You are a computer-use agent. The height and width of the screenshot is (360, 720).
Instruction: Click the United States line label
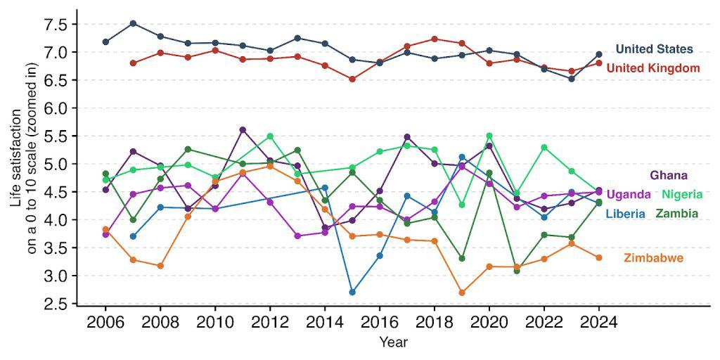[654, 49]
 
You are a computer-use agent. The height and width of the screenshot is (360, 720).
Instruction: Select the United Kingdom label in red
[652, 68]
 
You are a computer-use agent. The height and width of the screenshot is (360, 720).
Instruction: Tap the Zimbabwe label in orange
[653, 259]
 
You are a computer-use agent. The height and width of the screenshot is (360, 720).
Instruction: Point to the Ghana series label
[668, 175]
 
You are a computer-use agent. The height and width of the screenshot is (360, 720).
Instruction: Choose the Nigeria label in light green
[680, 194]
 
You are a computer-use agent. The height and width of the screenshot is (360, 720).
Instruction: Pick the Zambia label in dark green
[676, 213]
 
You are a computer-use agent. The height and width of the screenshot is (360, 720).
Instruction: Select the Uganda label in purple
[628, 194]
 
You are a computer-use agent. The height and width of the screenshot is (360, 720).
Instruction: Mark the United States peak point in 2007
[133, 23]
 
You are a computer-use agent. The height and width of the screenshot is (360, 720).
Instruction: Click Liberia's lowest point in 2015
[352, 292]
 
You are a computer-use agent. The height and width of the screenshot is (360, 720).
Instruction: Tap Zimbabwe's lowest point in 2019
[462, 292]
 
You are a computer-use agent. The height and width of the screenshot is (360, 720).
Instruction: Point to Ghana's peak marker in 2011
[243, 130]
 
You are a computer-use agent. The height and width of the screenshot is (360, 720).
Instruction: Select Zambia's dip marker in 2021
[517, 271]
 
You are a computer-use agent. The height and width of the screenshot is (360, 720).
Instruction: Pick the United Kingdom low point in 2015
[352, 79]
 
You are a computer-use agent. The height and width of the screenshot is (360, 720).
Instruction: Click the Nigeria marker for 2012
[270, 136]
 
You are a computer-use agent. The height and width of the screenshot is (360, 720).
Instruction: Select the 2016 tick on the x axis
[380, 323]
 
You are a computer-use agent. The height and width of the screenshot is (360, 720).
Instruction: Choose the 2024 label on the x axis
[598, 323]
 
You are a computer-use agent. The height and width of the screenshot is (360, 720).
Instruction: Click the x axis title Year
[393, 342]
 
